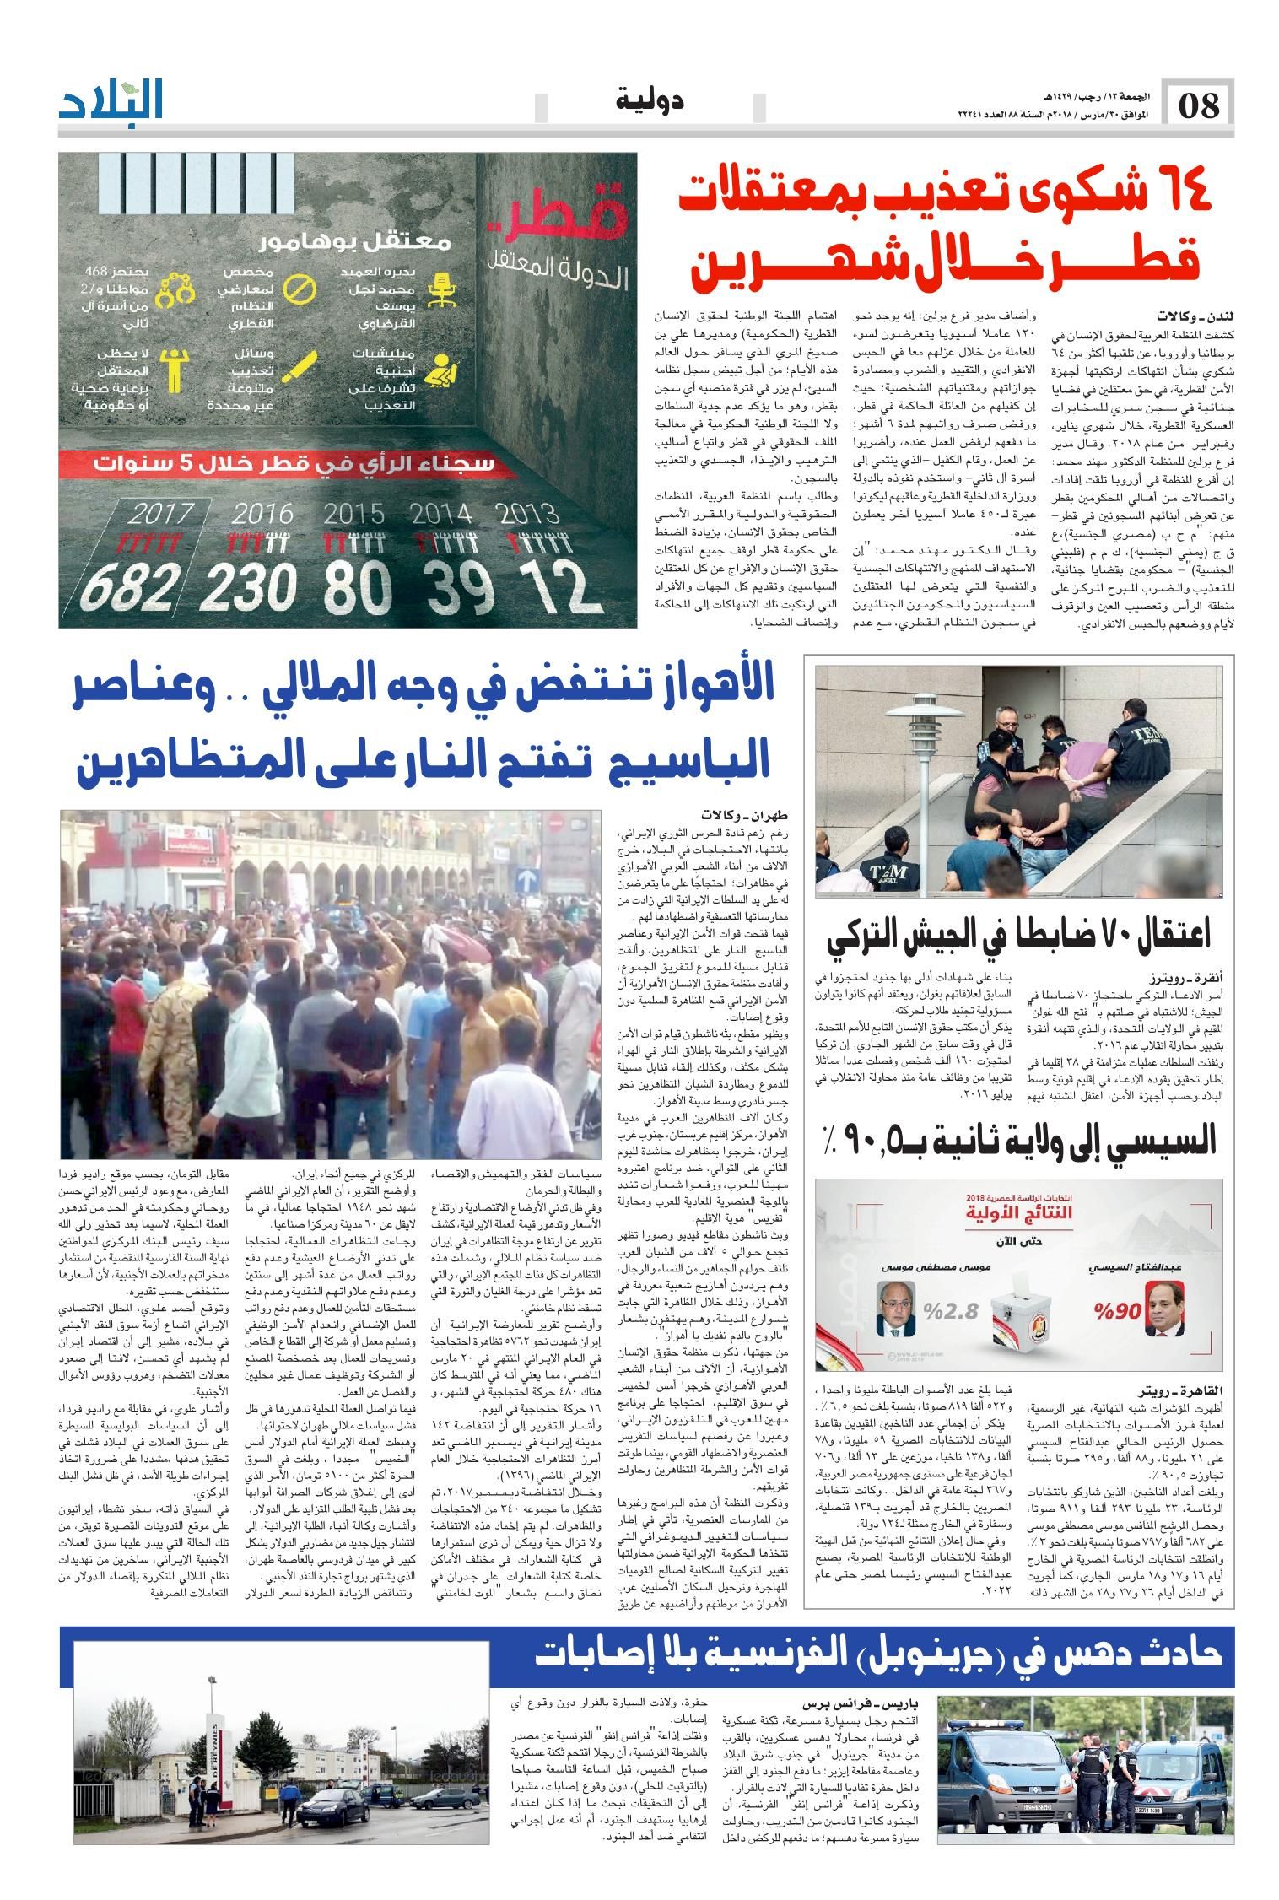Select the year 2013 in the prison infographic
point(528,514)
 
